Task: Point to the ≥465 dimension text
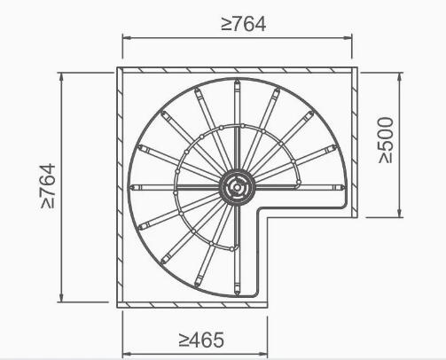201,339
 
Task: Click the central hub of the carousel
238,187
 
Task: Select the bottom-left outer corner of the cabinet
118,306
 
